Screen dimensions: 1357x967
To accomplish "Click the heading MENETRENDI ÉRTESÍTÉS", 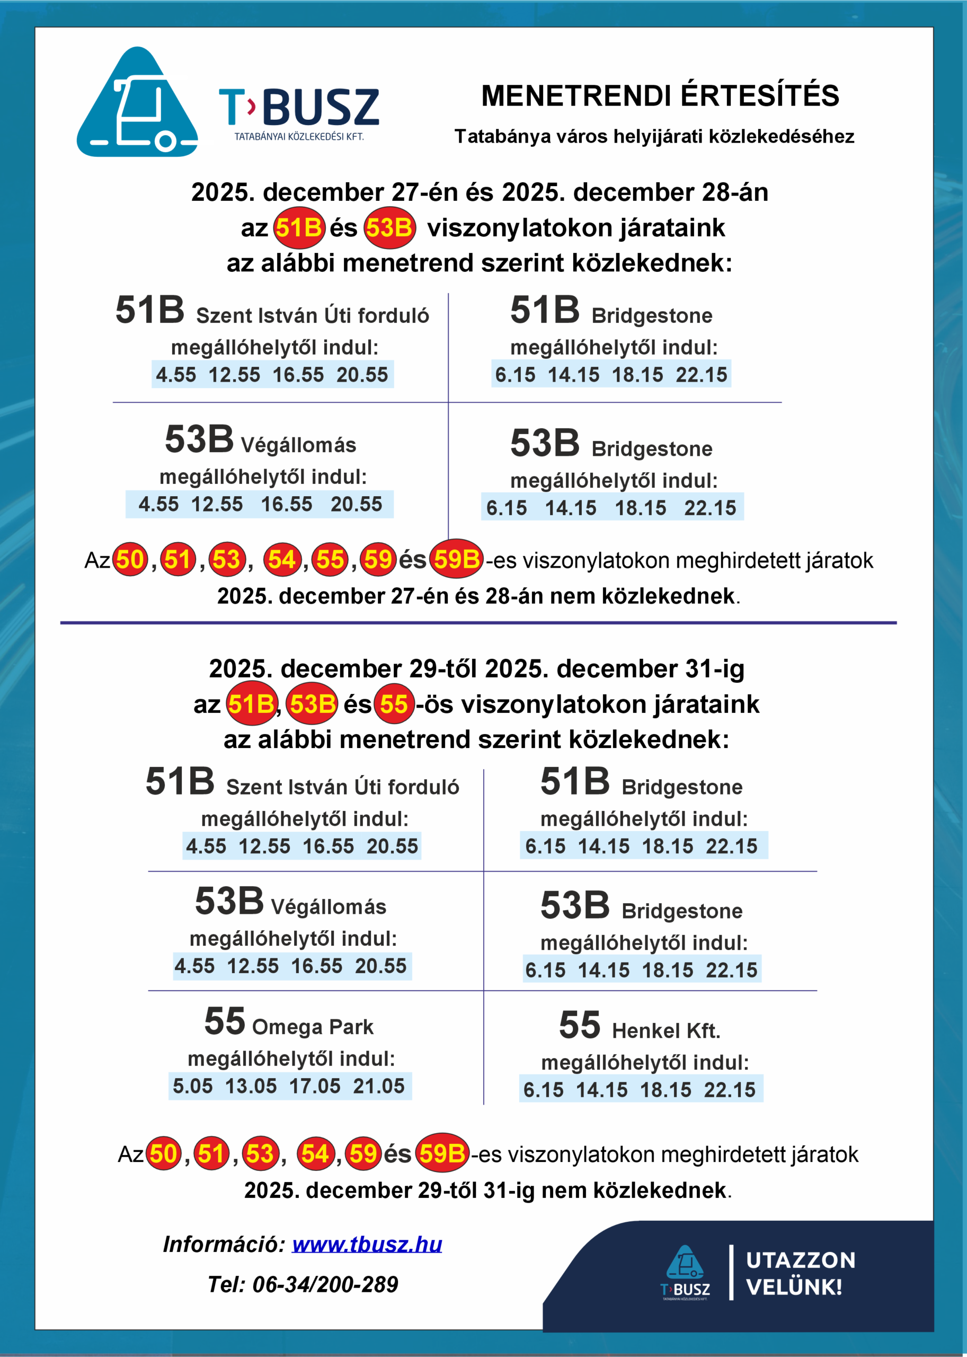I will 660,96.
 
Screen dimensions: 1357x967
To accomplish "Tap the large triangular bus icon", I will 137,104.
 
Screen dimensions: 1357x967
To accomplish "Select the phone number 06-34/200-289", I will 325,1285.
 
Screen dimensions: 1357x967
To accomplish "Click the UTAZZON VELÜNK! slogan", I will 800,1274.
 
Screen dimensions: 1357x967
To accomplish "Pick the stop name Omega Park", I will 313,1027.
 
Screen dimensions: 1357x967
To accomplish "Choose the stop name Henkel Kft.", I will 666,1030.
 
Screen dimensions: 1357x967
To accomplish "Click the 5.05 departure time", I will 192,1086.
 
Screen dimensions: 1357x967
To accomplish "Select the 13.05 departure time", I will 251,1086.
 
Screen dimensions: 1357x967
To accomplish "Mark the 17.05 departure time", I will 314,1086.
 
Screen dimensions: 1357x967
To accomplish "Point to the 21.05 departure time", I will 379,1086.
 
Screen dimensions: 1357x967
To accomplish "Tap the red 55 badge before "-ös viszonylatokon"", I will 394,704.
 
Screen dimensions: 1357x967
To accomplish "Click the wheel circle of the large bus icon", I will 165,142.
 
